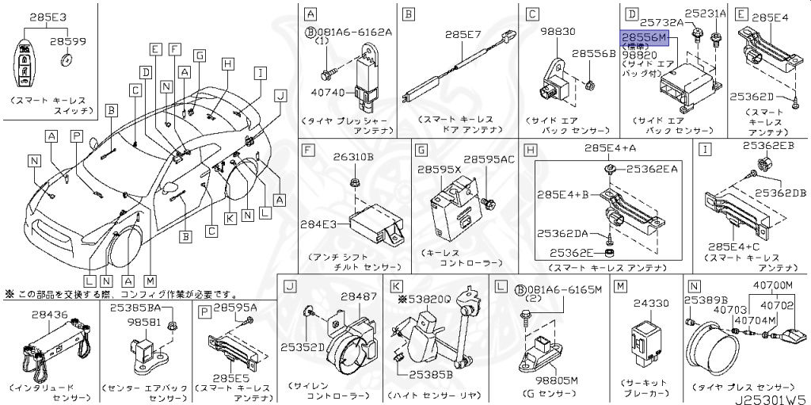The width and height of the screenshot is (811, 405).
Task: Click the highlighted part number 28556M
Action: point(645,37)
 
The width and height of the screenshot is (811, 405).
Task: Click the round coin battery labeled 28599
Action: point(67,59)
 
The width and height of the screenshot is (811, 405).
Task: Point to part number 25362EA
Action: point(652,169)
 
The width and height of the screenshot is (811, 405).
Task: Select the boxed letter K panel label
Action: point(396,286)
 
